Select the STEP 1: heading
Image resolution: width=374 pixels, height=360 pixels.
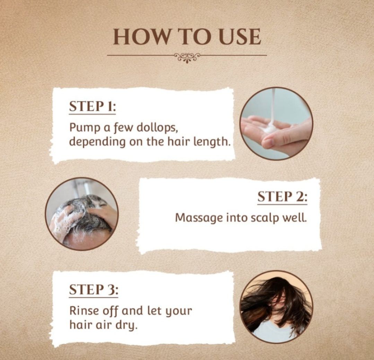pos(92,107)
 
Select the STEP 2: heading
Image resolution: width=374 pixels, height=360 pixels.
pos(282,197)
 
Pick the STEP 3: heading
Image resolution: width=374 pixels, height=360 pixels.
pos(94,290)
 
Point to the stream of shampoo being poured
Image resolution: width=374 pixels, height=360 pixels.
pos(273,105)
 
